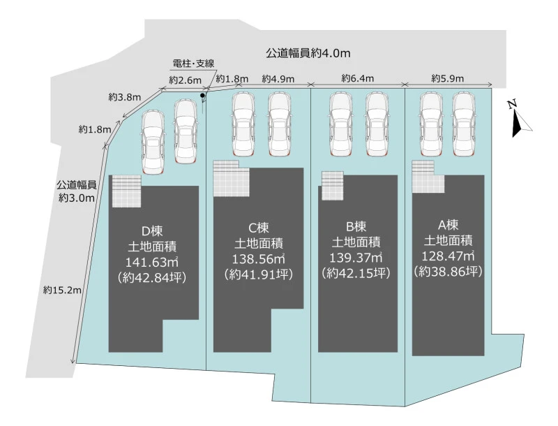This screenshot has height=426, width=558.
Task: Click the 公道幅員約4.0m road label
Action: [308, 53]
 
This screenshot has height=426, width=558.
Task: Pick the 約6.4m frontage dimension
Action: [358, 78]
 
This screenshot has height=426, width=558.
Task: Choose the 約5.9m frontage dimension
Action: [448, 78]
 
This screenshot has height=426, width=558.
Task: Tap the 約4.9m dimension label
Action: [278, 79]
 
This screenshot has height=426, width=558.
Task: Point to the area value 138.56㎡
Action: [258, 258]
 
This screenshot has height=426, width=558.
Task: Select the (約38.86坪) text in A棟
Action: [447, 271]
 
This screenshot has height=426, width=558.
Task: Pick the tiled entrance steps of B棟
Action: [333, 185]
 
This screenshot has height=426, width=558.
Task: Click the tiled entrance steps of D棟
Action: [127, 191]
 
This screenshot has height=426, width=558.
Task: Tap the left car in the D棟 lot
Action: [154, 142]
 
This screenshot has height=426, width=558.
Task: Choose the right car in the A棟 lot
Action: [465, 125]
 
